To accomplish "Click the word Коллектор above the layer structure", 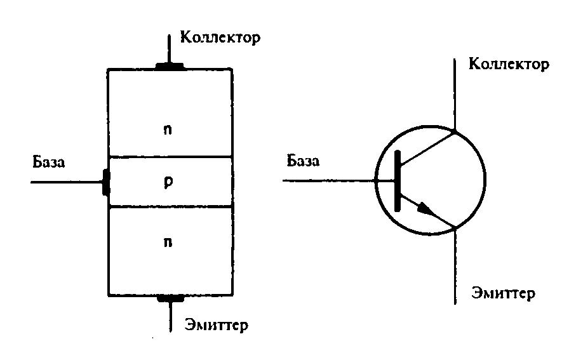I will click(x=220, y=37).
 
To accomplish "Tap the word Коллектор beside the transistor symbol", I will click(x=508, y=64).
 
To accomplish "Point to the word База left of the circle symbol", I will click(x=303, y=161).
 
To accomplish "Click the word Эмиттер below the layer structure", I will click(x=217, y=325).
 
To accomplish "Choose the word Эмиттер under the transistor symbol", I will click(x=504, y=293).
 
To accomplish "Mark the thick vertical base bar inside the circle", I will click(x=398, y=181).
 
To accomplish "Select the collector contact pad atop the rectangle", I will click(x=170, y=65).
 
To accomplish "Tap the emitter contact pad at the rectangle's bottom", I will click(x=170, y=297).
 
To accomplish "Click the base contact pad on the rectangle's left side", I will click(x=105, y=182).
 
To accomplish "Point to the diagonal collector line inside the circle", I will click(x=427, y=145).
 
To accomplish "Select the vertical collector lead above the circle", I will click(x=455, y=95).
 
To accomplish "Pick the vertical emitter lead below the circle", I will click(x=455, y=267).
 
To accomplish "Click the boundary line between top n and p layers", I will click(x=170, y=157).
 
